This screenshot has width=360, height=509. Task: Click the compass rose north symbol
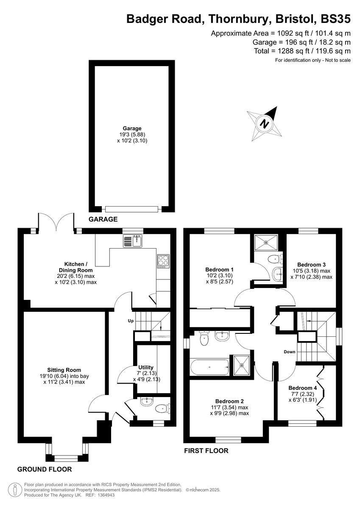coord(265,123)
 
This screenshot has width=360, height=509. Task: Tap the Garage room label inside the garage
coord(132,128)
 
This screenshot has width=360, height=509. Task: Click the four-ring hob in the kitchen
coord(163,261)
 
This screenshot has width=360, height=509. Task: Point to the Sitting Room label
coord(64,370)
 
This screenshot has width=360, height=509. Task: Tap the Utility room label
coord(146,367)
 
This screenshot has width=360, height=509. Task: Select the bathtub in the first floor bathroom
coord(210,367)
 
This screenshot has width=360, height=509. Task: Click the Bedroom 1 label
coord(219,269)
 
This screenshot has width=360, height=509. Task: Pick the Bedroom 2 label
coord(229,401)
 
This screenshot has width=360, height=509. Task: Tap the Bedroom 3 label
coord(311,264)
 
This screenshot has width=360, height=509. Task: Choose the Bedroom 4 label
coord(302,388)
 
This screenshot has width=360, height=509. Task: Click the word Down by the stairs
coord(290,352)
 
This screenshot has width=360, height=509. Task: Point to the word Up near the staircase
coord(131,321)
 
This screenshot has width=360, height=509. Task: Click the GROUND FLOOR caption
coord(45,469)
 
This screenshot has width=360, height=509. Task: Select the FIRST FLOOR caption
coord(206,451)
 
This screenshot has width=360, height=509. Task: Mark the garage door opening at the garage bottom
coord(132,209)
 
